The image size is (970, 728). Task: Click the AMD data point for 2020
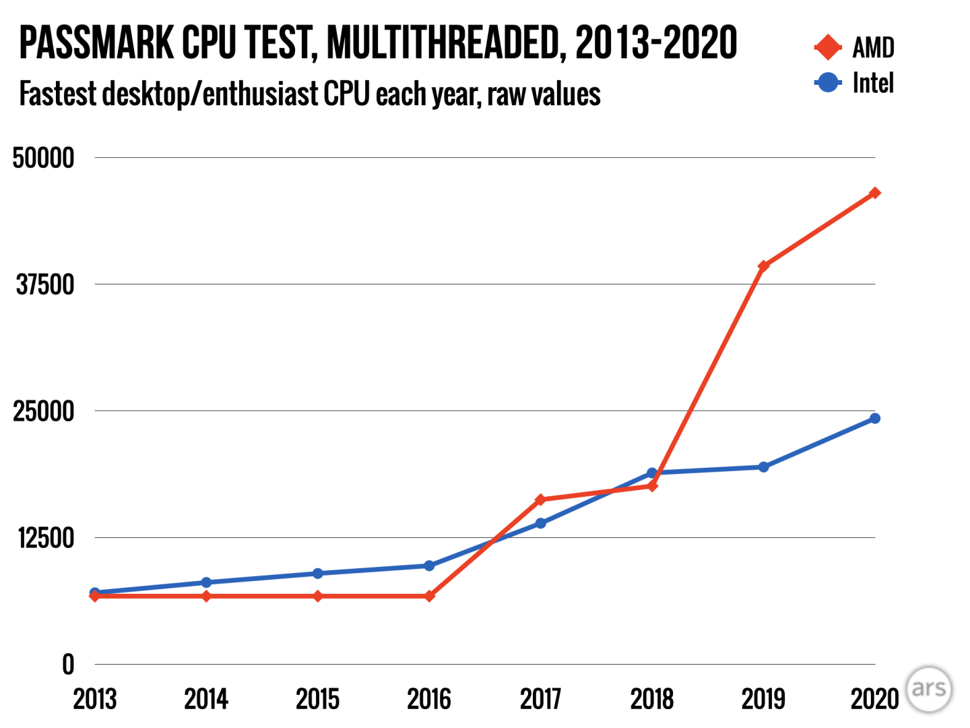click(874, 193)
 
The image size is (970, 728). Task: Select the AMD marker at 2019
click(763, 266)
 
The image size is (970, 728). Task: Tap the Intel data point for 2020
click(874, 419)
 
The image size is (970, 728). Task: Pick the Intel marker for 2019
click(763, 467)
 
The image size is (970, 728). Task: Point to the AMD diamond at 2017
click(540, 499)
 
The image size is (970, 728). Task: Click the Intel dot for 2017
click(540, 523)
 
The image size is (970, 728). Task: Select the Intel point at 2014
click(206, 582)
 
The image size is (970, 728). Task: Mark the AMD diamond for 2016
click(429, 597)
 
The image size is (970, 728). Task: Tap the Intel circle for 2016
click(429, 566)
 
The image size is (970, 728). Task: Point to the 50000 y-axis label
click(43, 158)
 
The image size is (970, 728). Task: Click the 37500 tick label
click(44, 284)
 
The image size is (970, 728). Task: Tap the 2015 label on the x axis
click(317, 700)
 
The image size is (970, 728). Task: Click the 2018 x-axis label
click(651, 700)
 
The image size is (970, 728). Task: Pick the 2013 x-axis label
click(95, 700)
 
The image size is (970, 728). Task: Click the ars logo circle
click(929, 689)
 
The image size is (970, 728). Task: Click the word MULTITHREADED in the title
click(445, 43)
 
